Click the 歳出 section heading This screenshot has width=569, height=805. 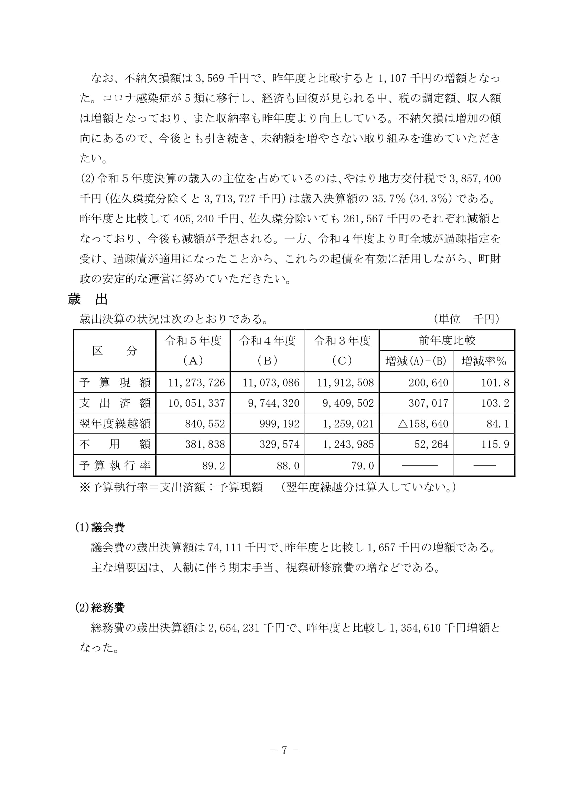click(88, 299)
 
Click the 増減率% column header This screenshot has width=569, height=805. click(484, 361)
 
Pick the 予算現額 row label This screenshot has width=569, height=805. click(115, 382)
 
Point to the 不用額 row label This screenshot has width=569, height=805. click(115, 445)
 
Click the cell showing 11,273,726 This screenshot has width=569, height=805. click(196, 382)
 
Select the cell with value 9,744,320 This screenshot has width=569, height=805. click(273, 403)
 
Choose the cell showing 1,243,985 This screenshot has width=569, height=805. click(348, 445)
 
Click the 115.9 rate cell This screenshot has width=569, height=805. click(495, 445)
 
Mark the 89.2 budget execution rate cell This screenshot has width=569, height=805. click(213, 466)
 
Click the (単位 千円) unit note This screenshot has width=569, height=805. click(466, 319)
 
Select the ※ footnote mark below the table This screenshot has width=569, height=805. click(85, 487)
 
